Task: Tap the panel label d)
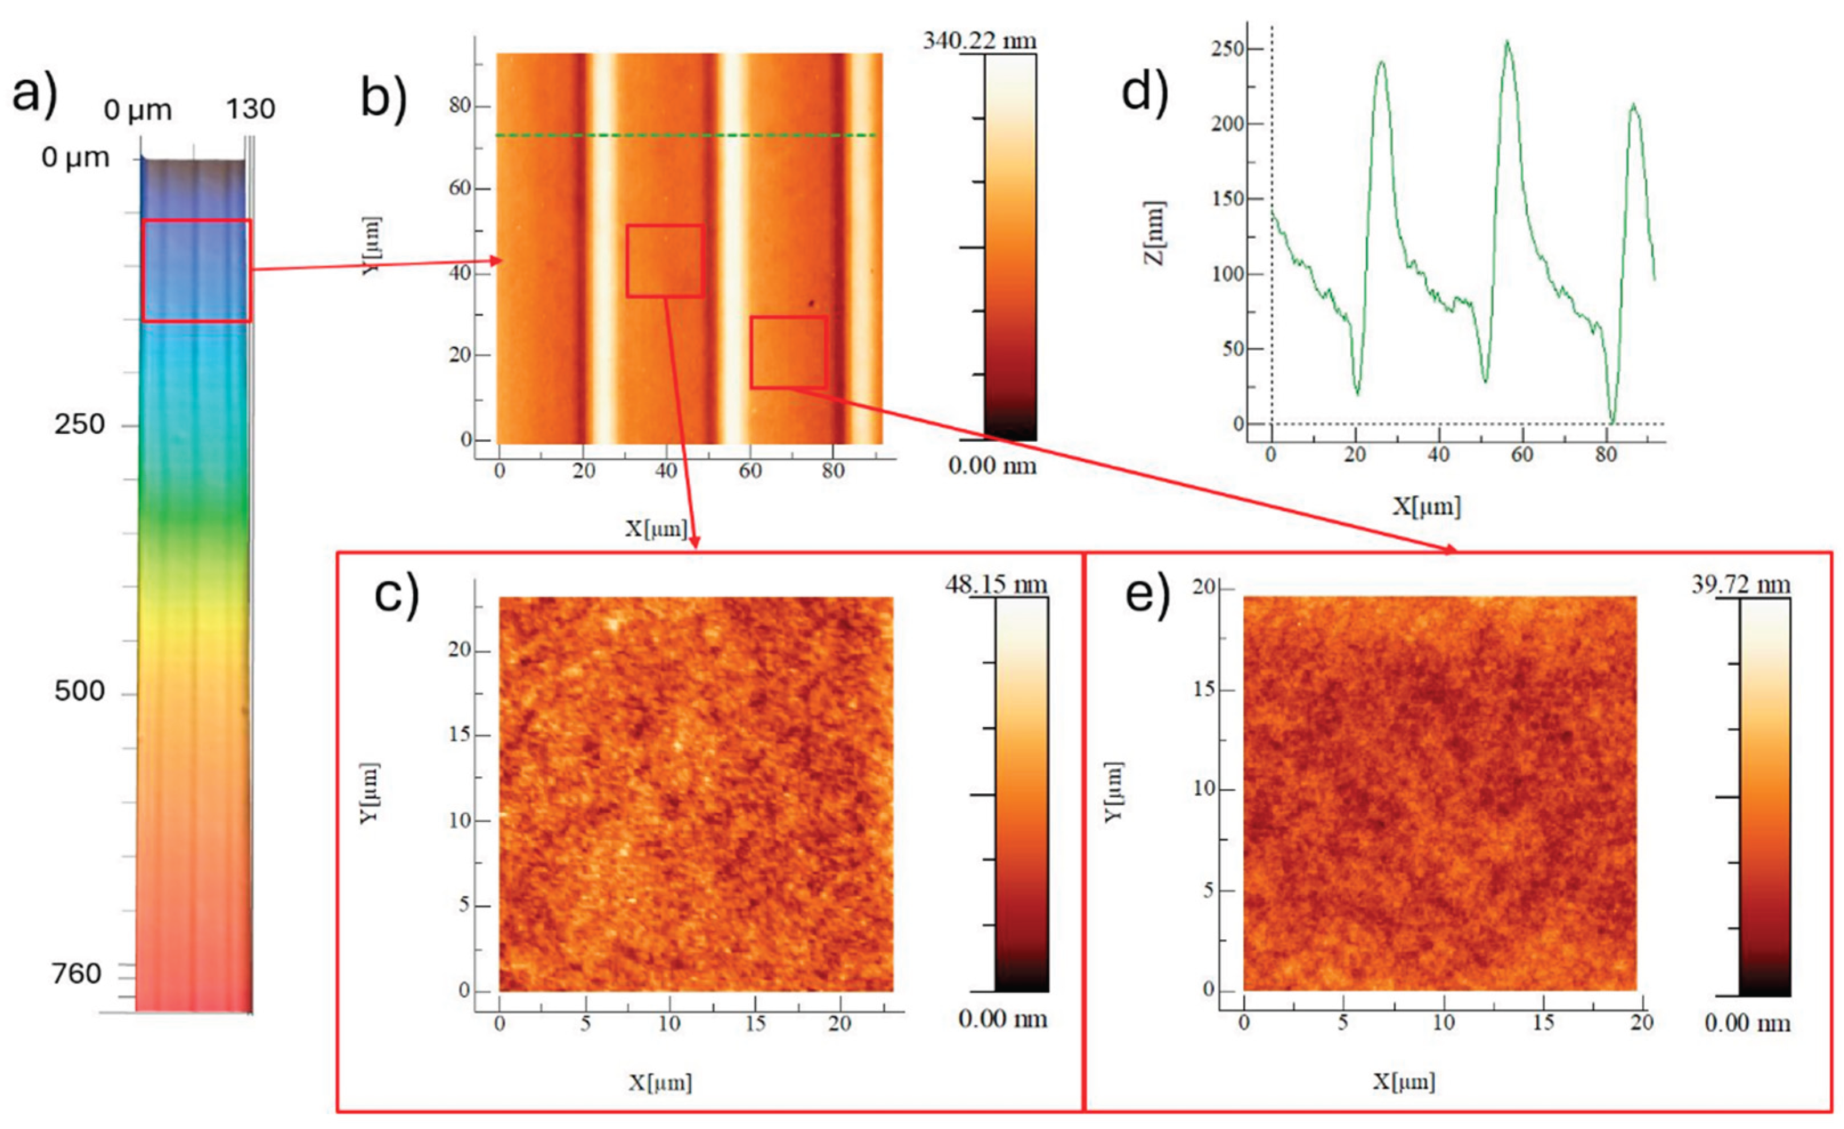pos(1145,95)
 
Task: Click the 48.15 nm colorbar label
pos(996,584)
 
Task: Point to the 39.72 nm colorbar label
pos(1741,584)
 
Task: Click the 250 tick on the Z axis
pos(1227,50)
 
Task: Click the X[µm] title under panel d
pos(1426,507)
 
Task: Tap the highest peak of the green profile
pos(1507,41)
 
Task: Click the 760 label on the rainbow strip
pos(76,973)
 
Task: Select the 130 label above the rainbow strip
pos(251,109)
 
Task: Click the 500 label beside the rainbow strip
pos(79,691)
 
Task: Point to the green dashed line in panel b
pos(686,136)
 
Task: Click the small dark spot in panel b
pos(811,304)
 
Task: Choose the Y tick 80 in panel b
pos(459,106)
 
